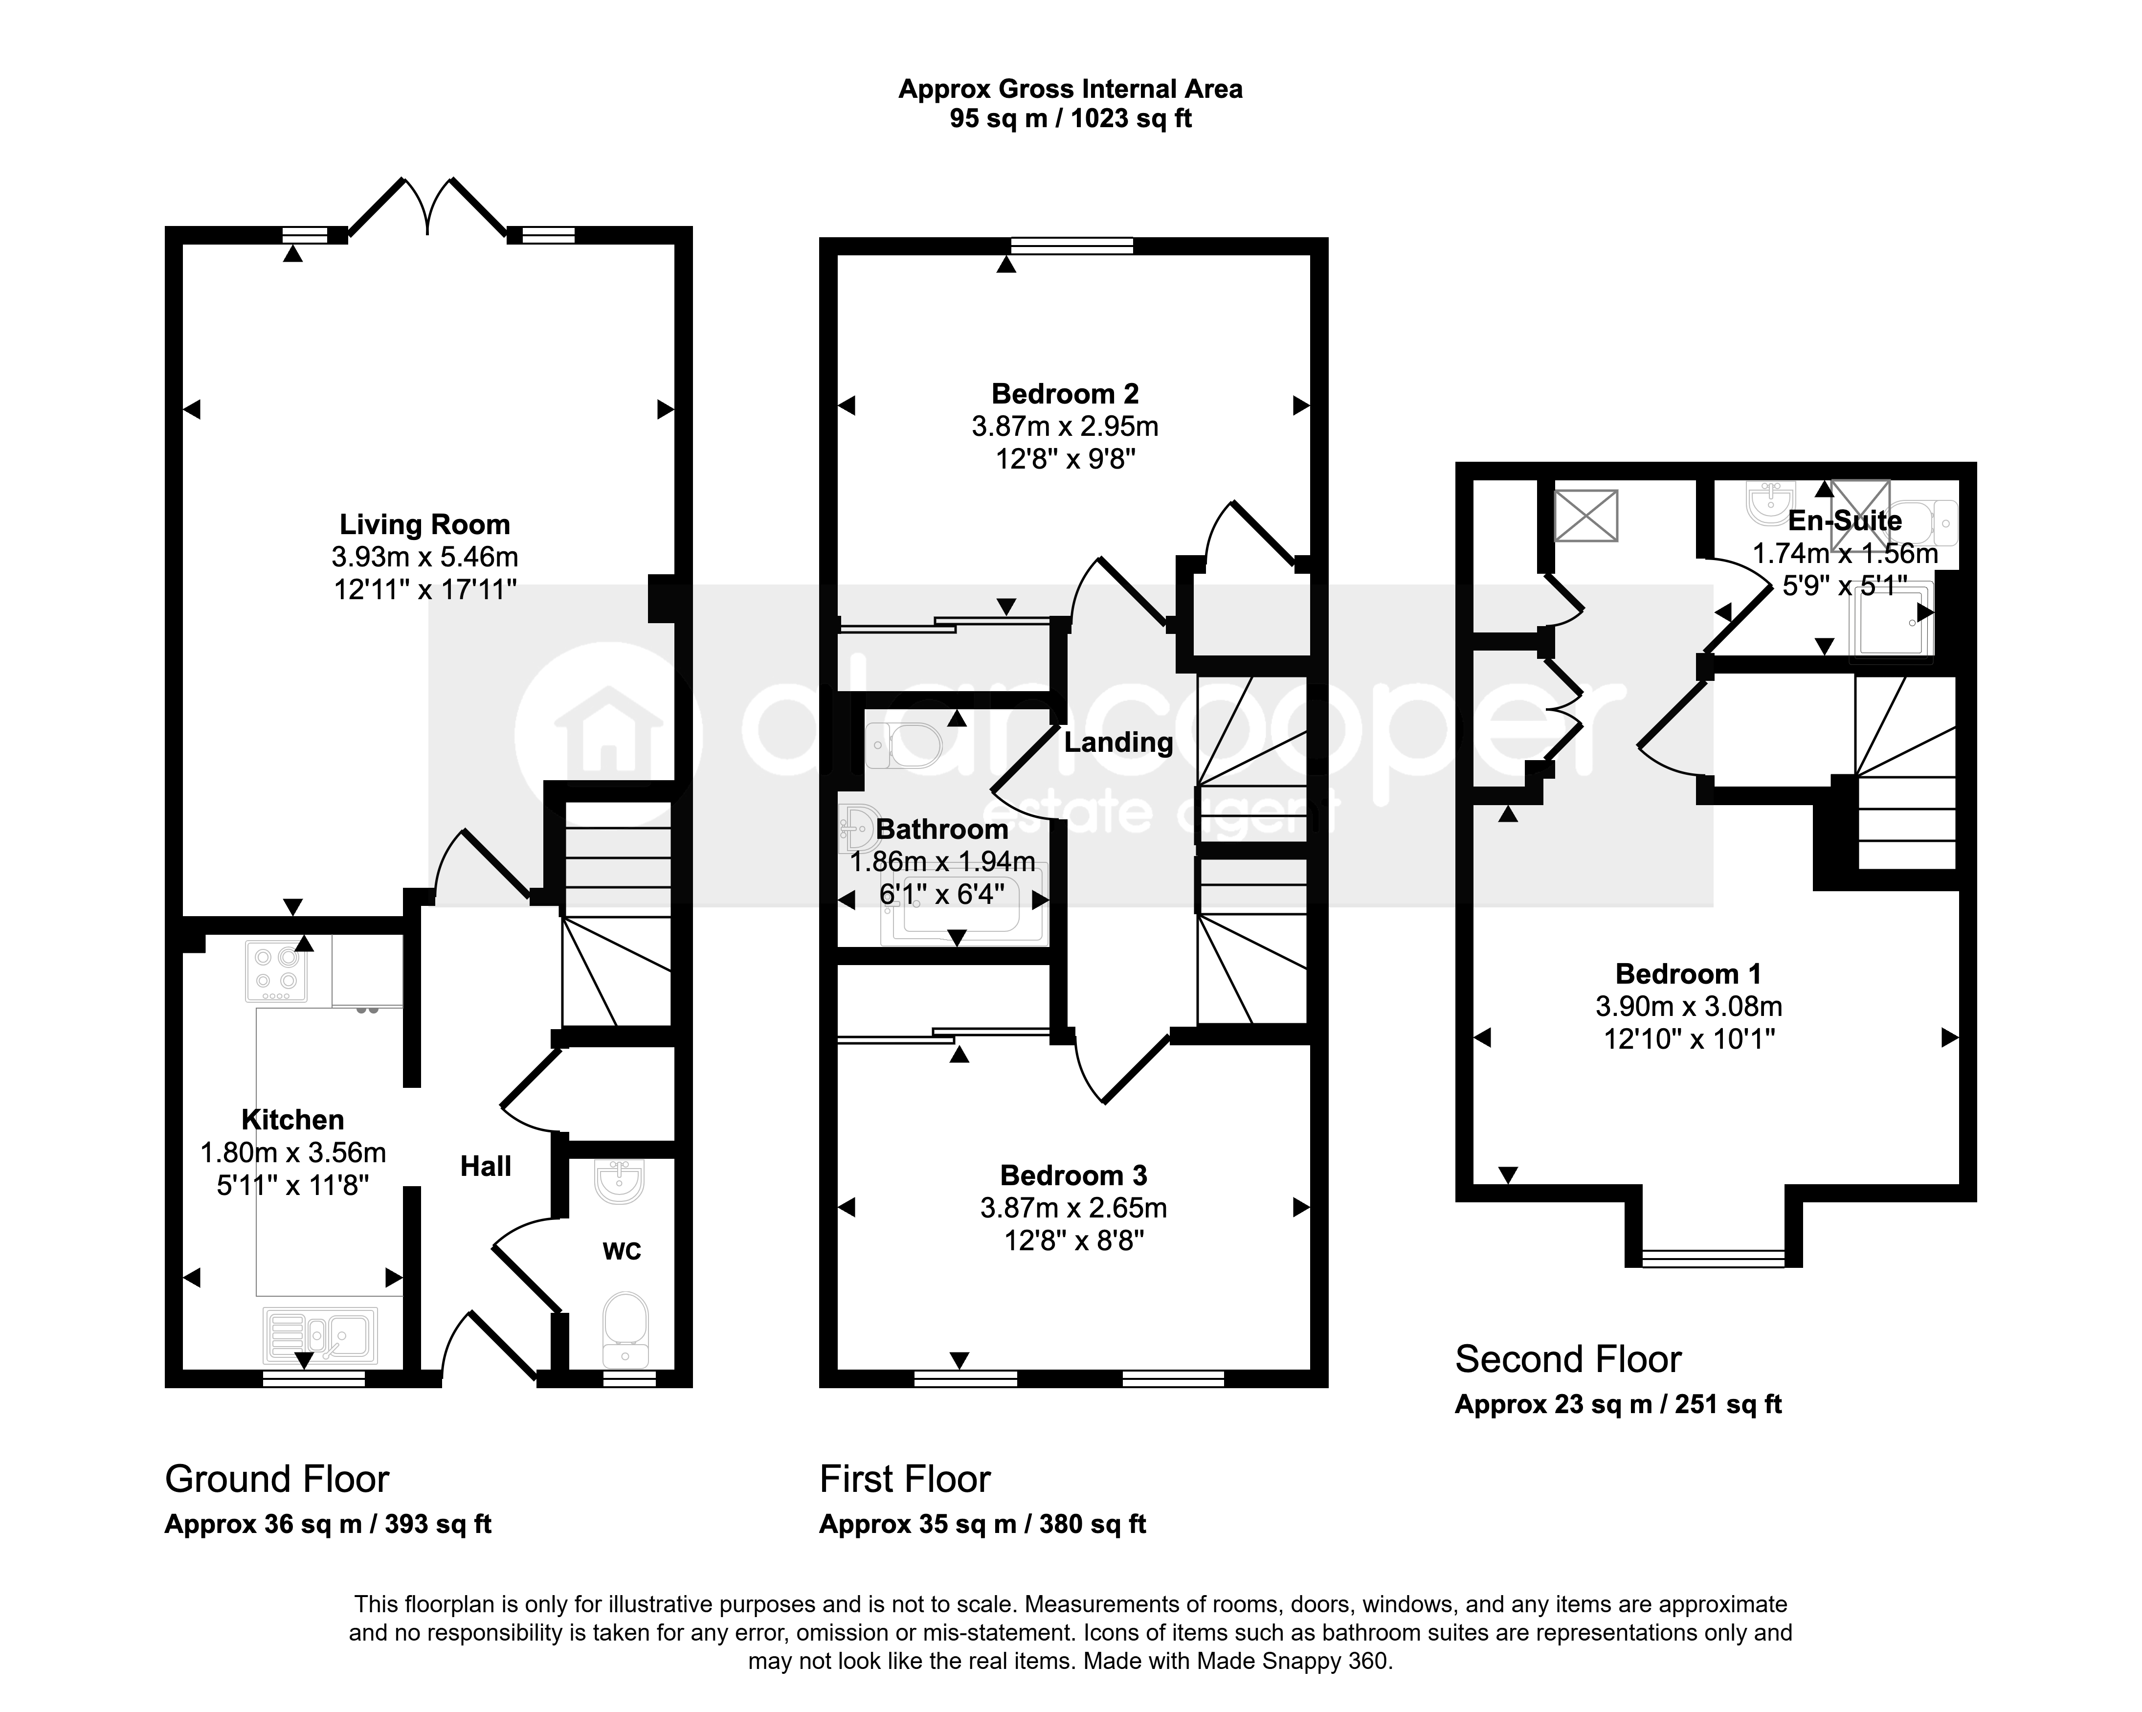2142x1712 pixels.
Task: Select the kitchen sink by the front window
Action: click(x=320, y=1334)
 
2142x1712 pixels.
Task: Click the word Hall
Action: click(x=486, y=1167)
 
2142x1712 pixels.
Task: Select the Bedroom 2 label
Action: click(x=1065, y=394)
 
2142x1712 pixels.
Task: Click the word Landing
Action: click(x=1119, y=742)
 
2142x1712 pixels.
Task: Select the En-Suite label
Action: click(x=1845, y=520)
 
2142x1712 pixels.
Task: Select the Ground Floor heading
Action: click(x=277, y=1480)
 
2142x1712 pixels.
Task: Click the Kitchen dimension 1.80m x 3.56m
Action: click(x=293, y=1152)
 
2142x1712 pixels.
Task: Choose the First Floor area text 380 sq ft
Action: click(x=1093, y=1524)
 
